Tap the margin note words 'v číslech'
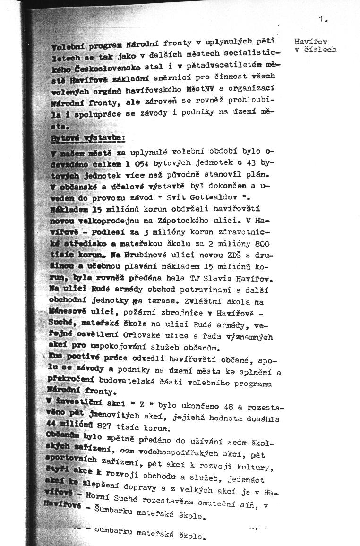315,50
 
